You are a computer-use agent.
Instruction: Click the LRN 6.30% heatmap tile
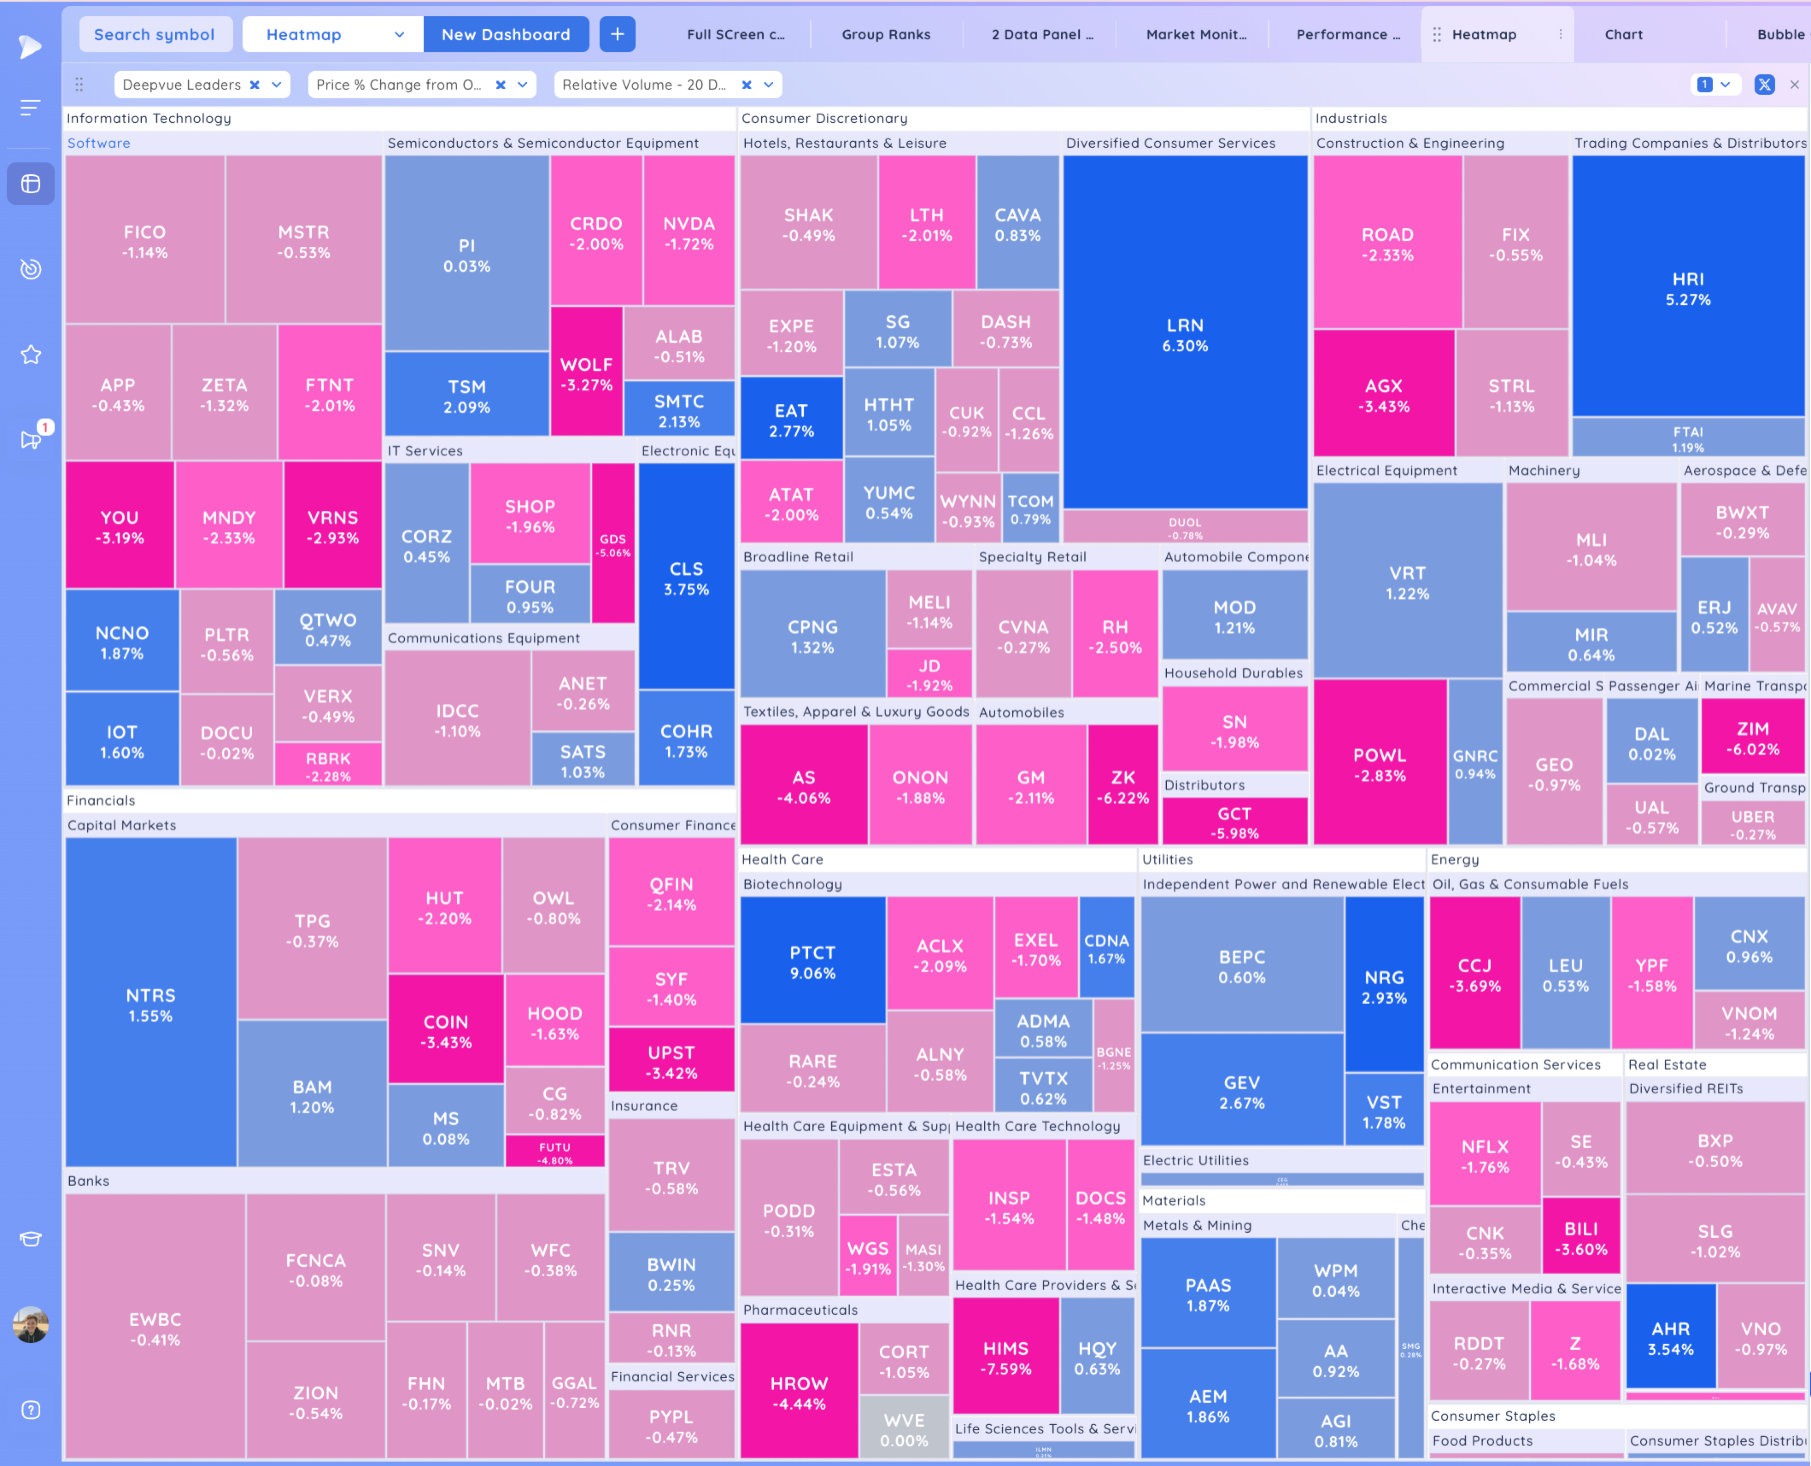pos(1184,335)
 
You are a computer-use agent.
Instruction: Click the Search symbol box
pos(154,34)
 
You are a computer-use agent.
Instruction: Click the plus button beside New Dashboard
pos(617,34)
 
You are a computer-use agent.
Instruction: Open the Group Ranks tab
pos(886,34)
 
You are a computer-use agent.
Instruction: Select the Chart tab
pos(1623,34)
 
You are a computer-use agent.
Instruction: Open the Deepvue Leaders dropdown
pos(276,85)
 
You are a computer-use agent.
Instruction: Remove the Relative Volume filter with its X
pos(746,85)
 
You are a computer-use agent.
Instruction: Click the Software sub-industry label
pos(99,143)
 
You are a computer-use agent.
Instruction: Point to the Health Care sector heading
pos(782,859)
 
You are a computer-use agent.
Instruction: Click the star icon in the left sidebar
pos(31,355)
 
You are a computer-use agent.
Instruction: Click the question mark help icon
pos(31,1409)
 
